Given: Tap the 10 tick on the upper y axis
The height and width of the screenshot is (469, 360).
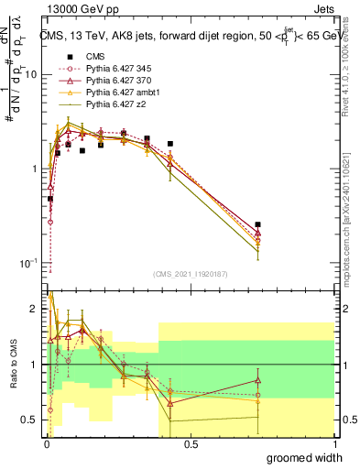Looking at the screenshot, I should (32, 75).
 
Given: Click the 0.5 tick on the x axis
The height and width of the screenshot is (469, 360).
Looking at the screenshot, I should (191, 444).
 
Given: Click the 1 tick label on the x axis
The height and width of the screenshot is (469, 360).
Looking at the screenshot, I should (334, 444).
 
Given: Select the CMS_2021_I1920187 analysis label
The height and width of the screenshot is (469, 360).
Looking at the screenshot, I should (190, 274).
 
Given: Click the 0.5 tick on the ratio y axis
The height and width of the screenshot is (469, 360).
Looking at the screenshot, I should (32, 420).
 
